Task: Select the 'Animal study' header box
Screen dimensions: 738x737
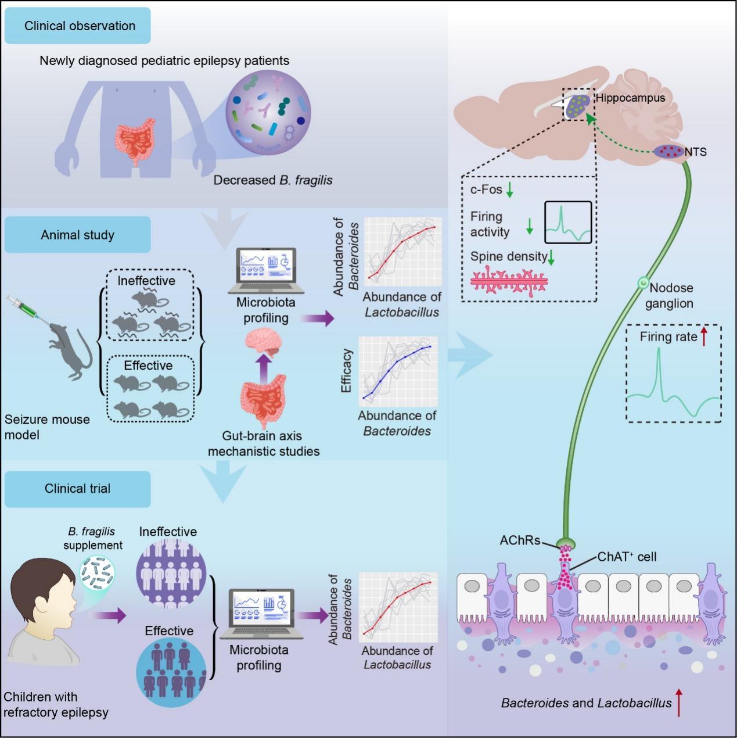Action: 78,235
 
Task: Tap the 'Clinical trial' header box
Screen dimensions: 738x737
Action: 78,489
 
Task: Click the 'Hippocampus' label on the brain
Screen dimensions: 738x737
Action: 630,98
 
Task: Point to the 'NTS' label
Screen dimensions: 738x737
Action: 696,152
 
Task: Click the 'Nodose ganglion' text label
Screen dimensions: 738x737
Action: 671,295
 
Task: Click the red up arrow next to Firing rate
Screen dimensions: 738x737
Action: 704,336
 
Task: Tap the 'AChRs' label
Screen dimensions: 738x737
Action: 520,541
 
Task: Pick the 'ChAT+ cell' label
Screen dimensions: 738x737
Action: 627,557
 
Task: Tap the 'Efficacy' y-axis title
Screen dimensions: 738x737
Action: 347,371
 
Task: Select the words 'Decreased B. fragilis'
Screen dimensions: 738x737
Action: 273,180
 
